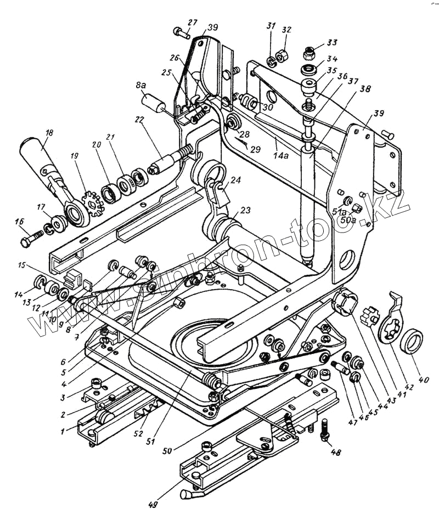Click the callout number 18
[x=49, y=133]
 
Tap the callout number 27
[x=192, y=22]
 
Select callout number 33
[x=333, y=42]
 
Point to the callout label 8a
[x=141, y=86]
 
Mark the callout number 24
[x=235, y=179]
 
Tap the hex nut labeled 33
[x=309, y=53]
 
